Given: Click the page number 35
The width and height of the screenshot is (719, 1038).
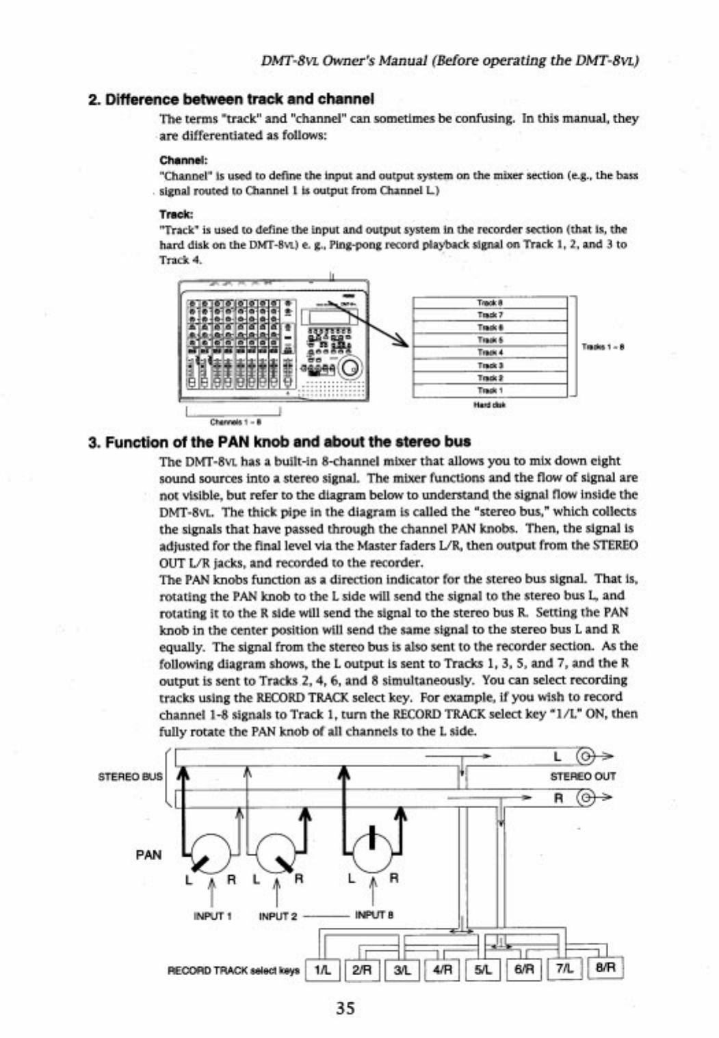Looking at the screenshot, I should [x=345, y=1007].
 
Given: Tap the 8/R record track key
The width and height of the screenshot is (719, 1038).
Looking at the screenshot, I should [x=605, y=968].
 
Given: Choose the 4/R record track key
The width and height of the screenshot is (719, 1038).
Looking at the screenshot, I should [x=443, y=969].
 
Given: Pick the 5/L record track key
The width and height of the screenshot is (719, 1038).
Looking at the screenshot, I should [x=482, y=969].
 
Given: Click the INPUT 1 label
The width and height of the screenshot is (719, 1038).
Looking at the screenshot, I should [x=213, y=916].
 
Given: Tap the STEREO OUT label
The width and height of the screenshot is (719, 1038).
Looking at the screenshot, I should [x=583, y=777].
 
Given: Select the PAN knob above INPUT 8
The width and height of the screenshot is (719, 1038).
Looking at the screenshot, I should [x=372, y=851].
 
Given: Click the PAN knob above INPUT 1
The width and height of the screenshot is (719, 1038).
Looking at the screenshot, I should [x=211, y=853].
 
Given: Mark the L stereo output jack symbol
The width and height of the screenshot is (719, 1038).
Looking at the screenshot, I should [x=586, y=757].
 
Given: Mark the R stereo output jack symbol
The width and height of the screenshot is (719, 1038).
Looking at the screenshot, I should [x=586, y=797].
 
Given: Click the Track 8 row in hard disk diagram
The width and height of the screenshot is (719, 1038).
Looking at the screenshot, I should [x=490, y=302].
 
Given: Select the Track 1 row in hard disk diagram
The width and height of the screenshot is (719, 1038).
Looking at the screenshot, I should [x=490, y=391].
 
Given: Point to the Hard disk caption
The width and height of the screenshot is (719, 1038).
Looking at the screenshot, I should [x=490, y=404].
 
